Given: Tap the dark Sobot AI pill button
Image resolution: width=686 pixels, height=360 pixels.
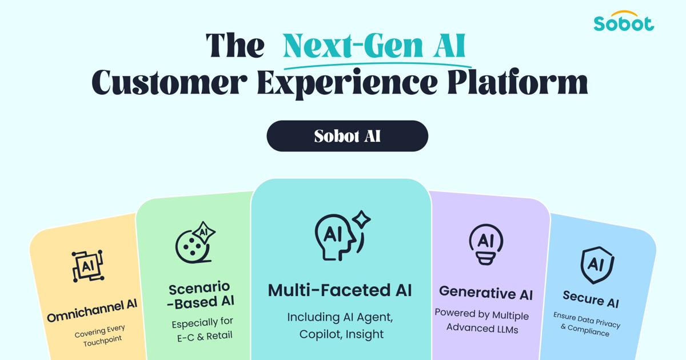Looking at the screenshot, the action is (x=348, y=136).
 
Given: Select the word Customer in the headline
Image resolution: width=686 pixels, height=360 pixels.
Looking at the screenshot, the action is (x=169, y=82).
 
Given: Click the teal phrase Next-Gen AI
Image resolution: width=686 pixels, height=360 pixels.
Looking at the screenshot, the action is (x=374, y=45).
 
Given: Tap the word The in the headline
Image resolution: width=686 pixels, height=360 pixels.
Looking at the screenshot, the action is (x=235, y=45).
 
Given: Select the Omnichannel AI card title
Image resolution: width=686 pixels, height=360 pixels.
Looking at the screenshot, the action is (x=92, y=311).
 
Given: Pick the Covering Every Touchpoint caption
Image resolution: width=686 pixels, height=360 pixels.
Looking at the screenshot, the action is (x=101, y=335).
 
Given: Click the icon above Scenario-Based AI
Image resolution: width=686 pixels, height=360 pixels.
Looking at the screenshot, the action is (x=195, y=242).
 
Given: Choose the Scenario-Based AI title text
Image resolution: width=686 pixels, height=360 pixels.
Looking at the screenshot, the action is (x=201, y=295).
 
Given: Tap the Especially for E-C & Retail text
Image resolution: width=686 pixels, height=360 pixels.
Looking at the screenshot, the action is (x=204, y=329).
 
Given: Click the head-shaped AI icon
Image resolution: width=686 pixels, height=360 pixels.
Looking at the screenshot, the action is (x=342, y=235).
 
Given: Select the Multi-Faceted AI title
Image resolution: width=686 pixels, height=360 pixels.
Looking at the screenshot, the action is (x=340, y=290).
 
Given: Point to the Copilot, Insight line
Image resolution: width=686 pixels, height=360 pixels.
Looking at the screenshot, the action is (x=341, y=334).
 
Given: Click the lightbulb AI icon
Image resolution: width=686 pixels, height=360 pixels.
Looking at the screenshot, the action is (x=486, y=244).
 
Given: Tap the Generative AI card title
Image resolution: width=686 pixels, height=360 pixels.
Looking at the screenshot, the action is (x=486, y=293).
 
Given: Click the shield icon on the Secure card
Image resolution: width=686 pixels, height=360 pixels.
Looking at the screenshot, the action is (x=597, y=265).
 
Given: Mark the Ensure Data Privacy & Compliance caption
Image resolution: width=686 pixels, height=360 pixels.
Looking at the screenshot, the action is (x=586, y=324).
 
